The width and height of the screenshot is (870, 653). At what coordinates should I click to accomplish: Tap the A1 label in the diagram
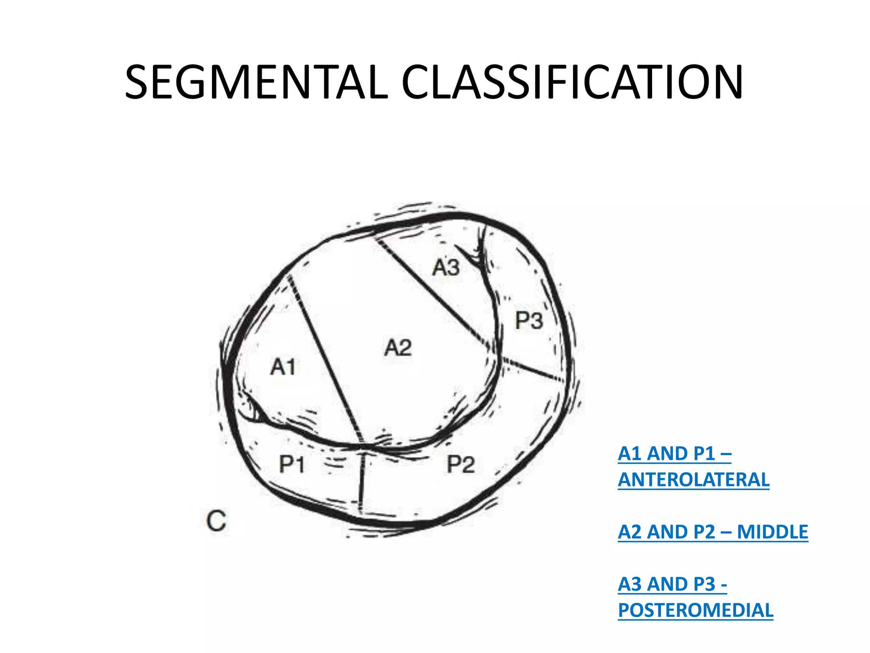(283, 367)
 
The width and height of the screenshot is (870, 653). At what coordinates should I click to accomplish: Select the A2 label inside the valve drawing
(398, 348)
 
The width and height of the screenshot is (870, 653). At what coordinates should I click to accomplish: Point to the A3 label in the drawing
(446, 268)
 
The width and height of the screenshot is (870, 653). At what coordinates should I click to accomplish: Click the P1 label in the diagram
(292, 464)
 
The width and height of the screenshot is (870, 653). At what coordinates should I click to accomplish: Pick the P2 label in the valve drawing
(460, 464)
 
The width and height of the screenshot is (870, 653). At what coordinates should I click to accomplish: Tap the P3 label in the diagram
(529, 320)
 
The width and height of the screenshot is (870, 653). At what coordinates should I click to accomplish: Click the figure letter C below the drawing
(216, 521)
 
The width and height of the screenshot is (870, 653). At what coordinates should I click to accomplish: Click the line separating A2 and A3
(433, 293)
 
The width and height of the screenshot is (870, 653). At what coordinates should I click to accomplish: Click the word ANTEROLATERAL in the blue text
(693, 480)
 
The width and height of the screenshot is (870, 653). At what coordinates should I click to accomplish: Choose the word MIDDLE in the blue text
(772, 532)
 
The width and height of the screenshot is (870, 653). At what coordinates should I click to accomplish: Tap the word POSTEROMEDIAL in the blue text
(695, 610)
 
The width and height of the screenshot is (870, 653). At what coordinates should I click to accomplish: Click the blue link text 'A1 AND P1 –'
(675, 454)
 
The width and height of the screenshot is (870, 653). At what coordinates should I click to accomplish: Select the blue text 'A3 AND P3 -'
(672, 584)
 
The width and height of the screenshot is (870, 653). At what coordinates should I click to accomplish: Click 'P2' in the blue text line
(704, 532)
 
